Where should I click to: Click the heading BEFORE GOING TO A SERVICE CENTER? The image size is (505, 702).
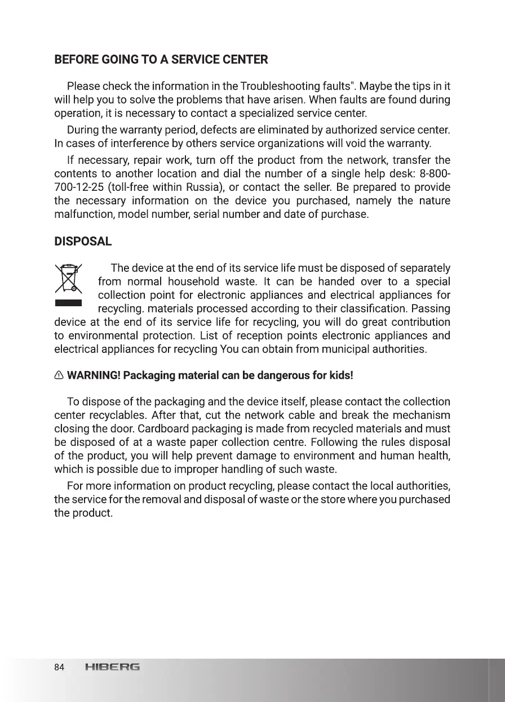[x=161, y=60]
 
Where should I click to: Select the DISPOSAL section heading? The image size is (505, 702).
[x=83, y=242]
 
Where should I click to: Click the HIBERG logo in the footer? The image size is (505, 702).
[x=112, y=668]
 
